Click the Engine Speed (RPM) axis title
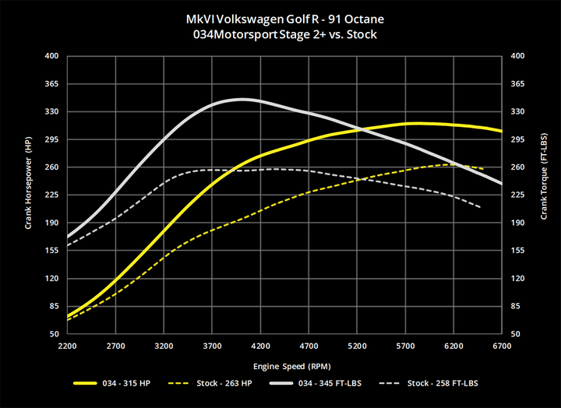coord(284,364)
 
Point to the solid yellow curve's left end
coord(69,316)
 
